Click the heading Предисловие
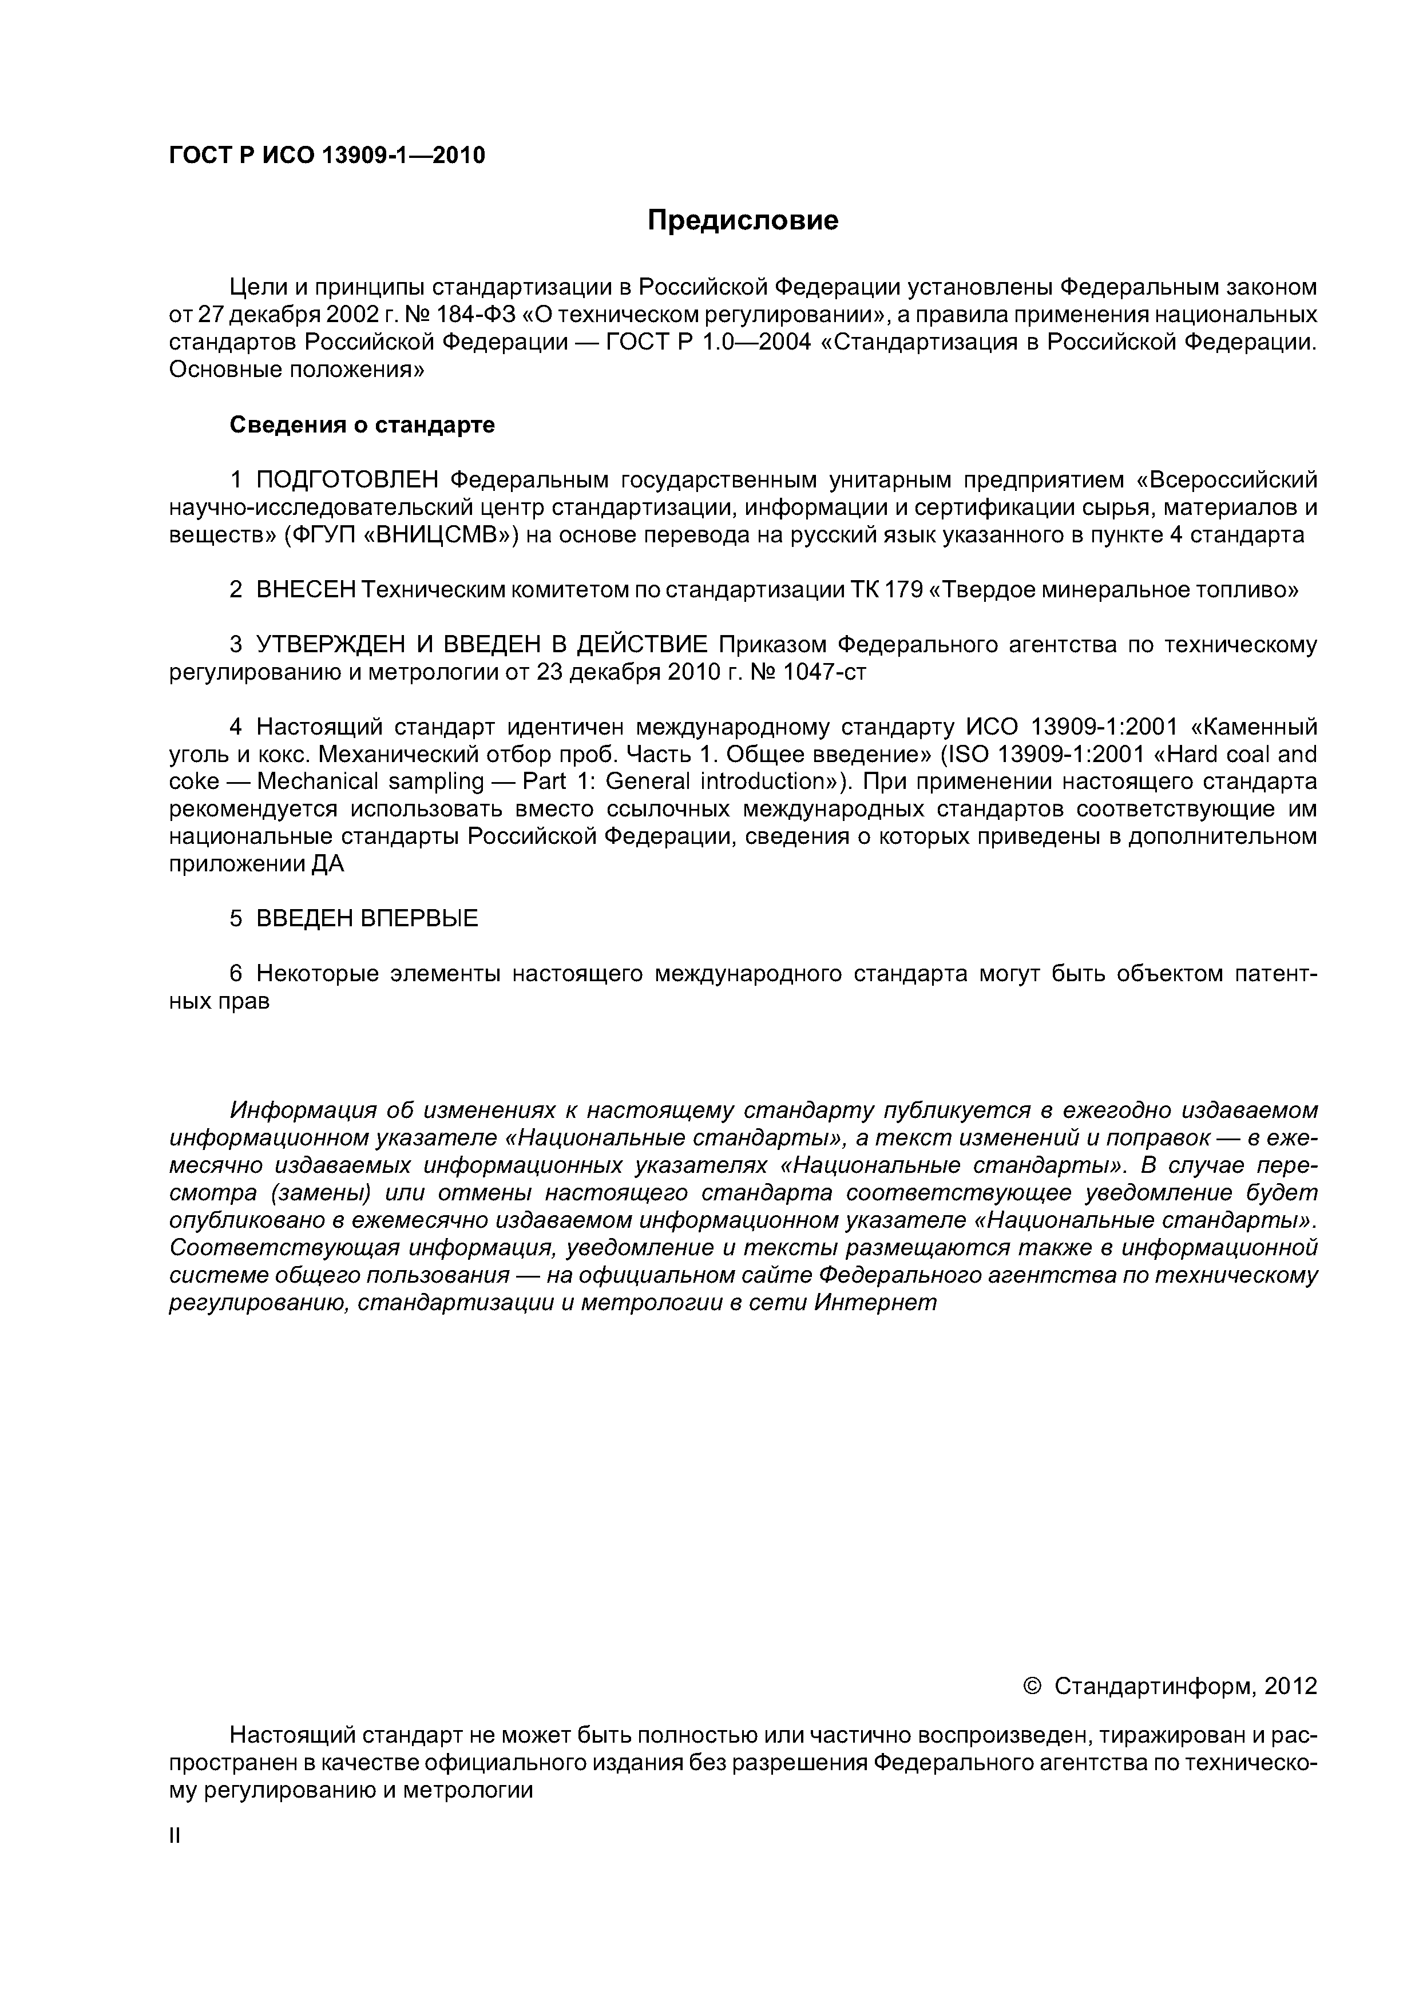pos(742,220)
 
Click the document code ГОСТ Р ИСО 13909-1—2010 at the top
pos(326,156)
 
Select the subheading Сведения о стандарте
pos(362,425)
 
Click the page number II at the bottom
pos(174,1837)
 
